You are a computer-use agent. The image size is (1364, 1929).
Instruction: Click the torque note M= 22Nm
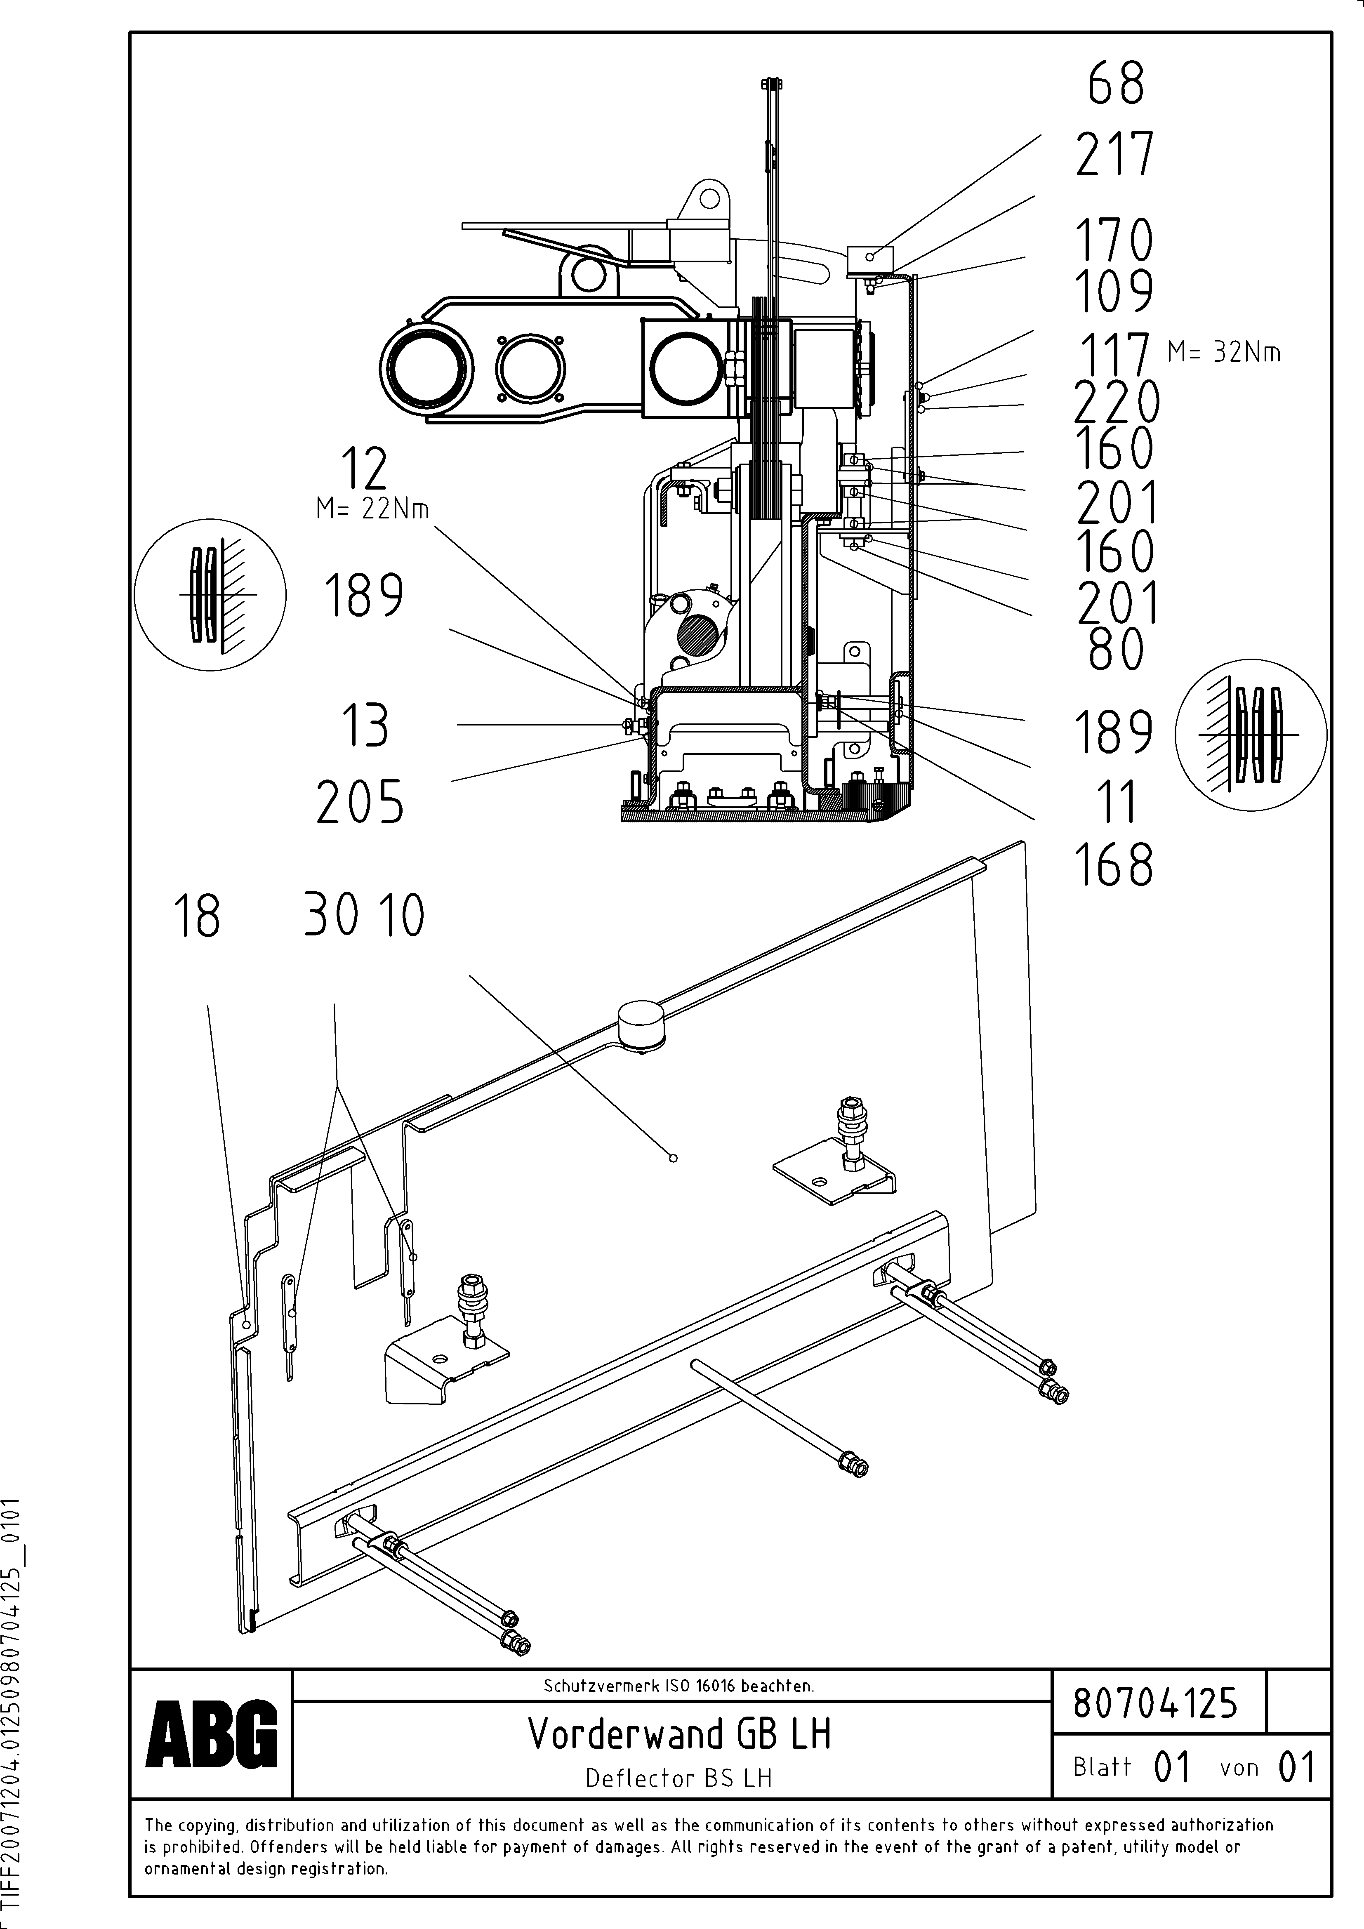coord(372,509)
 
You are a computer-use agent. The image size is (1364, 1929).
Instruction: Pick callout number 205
coord(360,802)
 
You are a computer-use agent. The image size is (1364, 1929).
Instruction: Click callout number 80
coord(1116,650)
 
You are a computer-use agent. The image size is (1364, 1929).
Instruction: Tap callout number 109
coord(1114,291)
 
